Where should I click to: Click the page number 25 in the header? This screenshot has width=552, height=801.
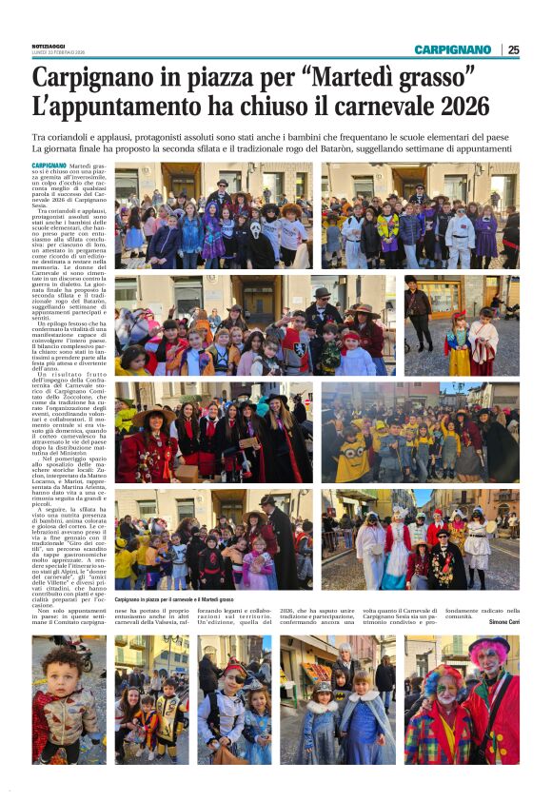[513, 49]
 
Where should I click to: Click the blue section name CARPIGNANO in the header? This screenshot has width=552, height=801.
[452, 49]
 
